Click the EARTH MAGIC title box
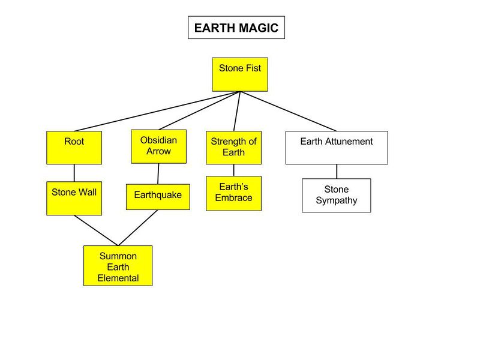[236, 28]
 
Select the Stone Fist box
[239, 74]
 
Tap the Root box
[74, 148]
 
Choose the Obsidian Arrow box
[159, 146]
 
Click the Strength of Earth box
[233, 148]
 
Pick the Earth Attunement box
[336, 148]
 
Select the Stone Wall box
[74, 198]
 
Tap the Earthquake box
[158, 197]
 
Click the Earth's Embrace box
[233, 193]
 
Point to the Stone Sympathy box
[336, 195]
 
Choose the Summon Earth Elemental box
[118, 265]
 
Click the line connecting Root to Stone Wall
[74, 173]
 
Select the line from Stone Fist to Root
[156, 111]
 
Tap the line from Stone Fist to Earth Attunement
[288, 111]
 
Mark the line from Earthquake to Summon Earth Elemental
[139, 228]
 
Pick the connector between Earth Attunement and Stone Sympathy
[336, 171]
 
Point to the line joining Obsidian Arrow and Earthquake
[158, 173]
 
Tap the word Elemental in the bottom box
[118, 278]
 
